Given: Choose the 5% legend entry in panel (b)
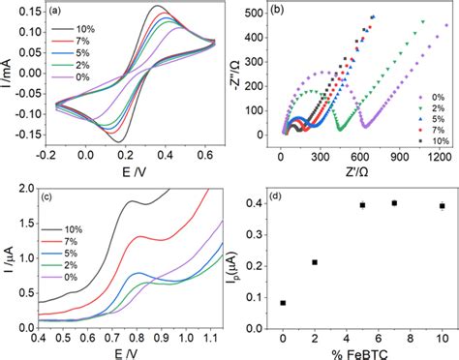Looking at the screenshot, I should click(426, 124).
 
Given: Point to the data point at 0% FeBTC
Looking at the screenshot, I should click(283, 303).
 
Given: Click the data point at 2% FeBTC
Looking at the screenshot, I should click(315, 262).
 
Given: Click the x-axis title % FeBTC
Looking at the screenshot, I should click(363, 350).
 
